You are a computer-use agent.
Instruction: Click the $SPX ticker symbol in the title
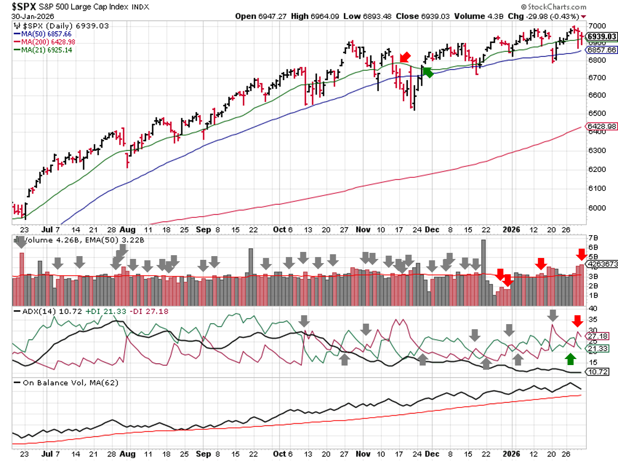click(x=24, y=7)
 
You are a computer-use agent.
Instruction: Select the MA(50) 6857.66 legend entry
click(x=46, y=34)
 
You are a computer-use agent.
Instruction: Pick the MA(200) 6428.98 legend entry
click(x=48, y=42)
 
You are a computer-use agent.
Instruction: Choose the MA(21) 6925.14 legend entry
click(x=47, y=50)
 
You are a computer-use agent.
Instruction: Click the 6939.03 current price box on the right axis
click(x=601, y=36)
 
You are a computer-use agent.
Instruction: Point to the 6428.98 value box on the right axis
click(x=602, y=126)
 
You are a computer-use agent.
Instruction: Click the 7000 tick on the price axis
click(x=597, y=26)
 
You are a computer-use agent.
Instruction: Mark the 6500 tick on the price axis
click(x=597, y=113)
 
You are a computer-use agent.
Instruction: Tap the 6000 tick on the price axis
click(x=597, y=208)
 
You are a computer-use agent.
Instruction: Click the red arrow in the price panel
click(x=405, y=57)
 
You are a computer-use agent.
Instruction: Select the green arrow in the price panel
click(x=427, y=72)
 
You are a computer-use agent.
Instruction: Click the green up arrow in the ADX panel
click(x=571, y=359)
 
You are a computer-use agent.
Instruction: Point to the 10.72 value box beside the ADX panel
click(x=598, y=372)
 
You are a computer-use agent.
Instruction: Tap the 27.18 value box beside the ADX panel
click(x=598, y=336)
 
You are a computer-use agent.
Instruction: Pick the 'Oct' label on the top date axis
click(x=279, y=230)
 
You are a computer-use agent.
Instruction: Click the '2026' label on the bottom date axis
click(x=511, y=454)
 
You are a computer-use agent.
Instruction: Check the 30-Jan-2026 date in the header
click(x=33, y=16)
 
